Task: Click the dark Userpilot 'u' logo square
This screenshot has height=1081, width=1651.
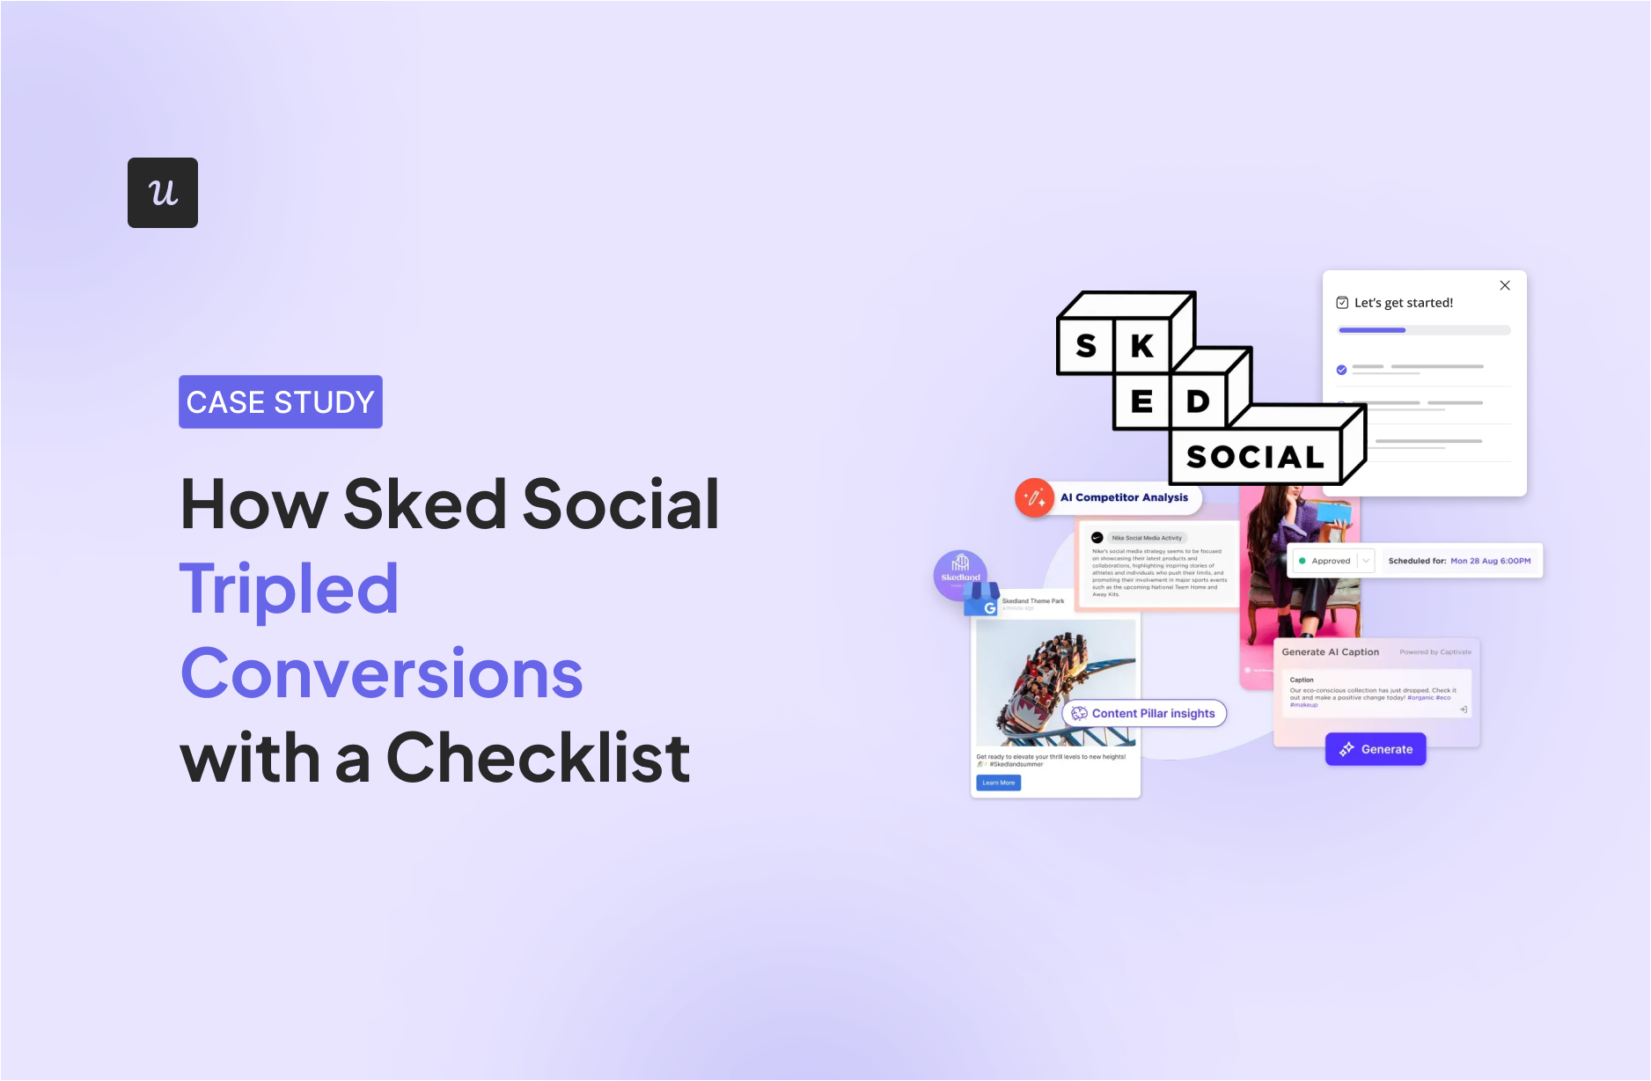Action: [163, 193]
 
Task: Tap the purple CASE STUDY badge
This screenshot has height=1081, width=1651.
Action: [281, 402]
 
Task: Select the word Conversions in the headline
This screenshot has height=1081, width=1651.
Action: [382, 673]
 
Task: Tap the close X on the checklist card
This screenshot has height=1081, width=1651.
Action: [1505, 285]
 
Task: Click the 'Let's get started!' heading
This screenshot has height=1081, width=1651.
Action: [1403, 303]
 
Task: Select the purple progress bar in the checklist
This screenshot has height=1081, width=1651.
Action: [1372, 330]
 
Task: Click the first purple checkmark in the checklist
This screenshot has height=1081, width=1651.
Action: [1341, 370]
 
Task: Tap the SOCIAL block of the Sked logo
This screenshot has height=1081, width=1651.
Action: [1255, 457]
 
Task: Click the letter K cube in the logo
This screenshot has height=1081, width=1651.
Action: [1142, 347]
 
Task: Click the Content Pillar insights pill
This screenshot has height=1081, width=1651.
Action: [1144, 713]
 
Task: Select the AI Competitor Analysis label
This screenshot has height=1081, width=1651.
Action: [1124, 497]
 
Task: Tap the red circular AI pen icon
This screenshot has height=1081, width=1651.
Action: [1034, 498]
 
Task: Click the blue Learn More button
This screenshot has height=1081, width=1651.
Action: [998, 783]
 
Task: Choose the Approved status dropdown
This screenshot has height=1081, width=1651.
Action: [1332, 561]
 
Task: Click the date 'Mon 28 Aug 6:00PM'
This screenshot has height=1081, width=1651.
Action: [1490, 561]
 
